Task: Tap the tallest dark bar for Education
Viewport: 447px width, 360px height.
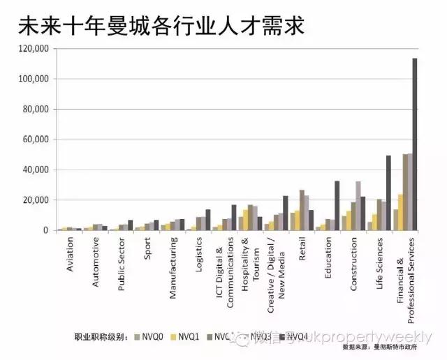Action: [337, 206]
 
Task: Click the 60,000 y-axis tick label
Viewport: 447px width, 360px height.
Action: [36, 140]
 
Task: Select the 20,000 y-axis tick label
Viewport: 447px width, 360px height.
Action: [36, 200]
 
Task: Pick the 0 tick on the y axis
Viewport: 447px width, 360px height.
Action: [45, 231]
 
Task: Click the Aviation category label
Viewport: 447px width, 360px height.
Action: [70, 256]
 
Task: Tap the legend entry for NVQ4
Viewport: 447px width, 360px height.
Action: [294, 337]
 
